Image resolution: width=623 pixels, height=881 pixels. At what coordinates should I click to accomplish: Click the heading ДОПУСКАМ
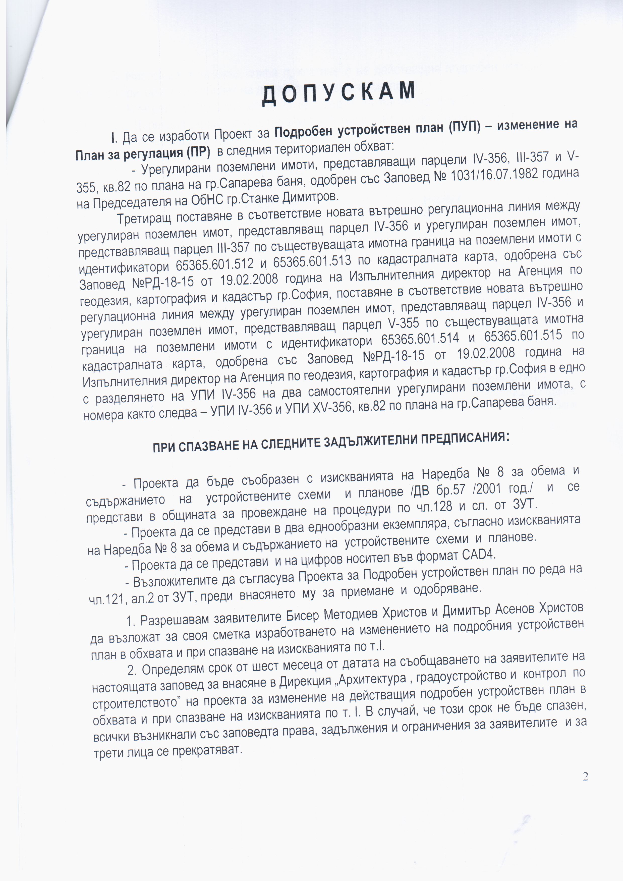point(339,93)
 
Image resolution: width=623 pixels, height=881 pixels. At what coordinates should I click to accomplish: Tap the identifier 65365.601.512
point(215,264)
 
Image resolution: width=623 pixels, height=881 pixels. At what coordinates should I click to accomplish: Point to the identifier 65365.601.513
point(312,261)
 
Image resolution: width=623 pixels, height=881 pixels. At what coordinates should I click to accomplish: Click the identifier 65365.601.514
point(420,339)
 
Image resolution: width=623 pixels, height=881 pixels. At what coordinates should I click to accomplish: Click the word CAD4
point(479,555)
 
